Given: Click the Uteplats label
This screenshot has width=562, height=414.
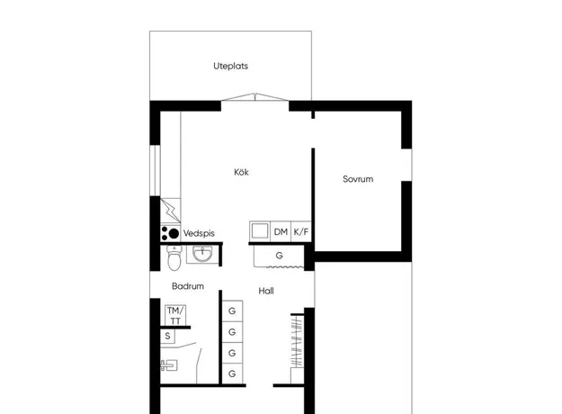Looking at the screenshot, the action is tap(230, 66).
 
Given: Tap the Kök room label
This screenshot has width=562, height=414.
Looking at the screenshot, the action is tap(241, 172).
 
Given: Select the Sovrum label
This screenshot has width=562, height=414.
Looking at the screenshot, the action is tap(358, 179).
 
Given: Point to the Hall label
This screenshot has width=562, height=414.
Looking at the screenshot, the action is tap(266, 291).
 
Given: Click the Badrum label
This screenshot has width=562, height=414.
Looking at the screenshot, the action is tap(188, 286).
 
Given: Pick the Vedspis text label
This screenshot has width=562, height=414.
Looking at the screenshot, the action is tap(199, 233).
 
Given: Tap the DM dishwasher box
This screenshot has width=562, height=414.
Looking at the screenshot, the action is tap(281, 232).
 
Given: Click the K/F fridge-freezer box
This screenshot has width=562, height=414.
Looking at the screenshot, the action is tap(301, 232).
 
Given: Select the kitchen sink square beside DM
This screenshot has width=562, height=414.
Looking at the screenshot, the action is tap(260, 231).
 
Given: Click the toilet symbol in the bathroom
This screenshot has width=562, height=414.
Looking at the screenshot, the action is tap(174, 257).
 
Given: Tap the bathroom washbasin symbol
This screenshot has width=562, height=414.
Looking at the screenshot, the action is tap(202, 255).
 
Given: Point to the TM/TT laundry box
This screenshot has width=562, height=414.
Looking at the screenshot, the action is tap(175, 315).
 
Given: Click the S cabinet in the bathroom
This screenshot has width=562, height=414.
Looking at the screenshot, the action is tap(167, 337).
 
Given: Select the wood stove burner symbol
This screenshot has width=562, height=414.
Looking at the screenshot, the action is tap(170, 233).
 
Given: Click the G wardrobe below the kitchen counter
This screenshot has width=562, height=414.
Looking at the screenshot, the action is tap(279, 256).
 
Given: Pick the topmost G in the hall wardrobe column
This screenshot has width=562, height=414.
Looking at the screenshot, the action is tap(232, 310).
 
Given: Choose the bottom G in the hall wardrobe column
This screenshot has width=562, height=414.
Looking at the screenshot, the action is tap(232, 373).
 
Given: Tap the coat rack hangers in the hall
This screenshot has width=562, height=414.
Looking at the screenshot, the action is tap(297, 341).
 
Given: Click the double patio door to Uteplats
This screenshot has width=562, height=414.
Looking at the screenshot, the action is tap(254, 97).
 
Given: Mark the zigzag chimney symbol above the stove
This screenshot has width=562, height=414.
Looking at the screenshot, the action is tap(170, 211).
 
